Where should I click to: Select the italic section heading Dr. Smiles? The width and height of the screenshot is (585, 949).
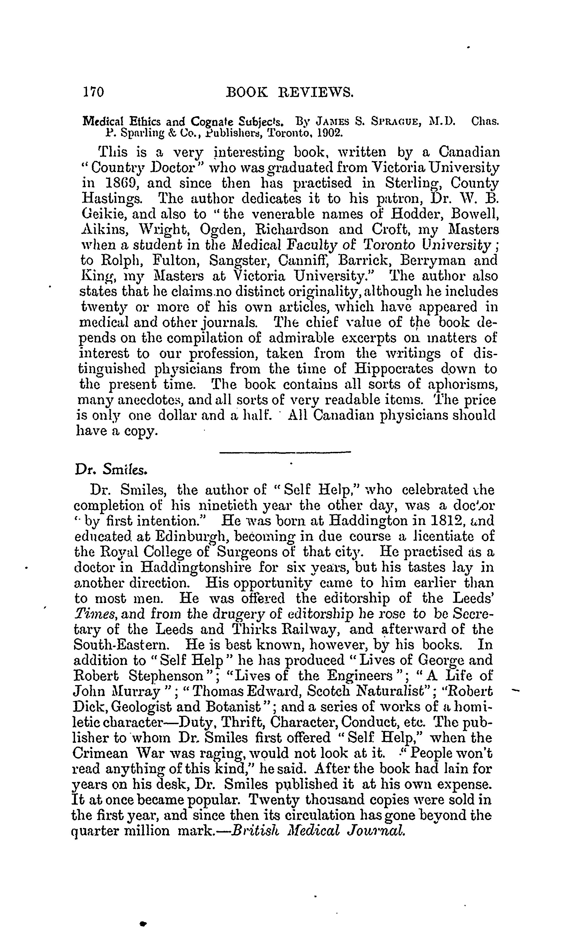(111, 469)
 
